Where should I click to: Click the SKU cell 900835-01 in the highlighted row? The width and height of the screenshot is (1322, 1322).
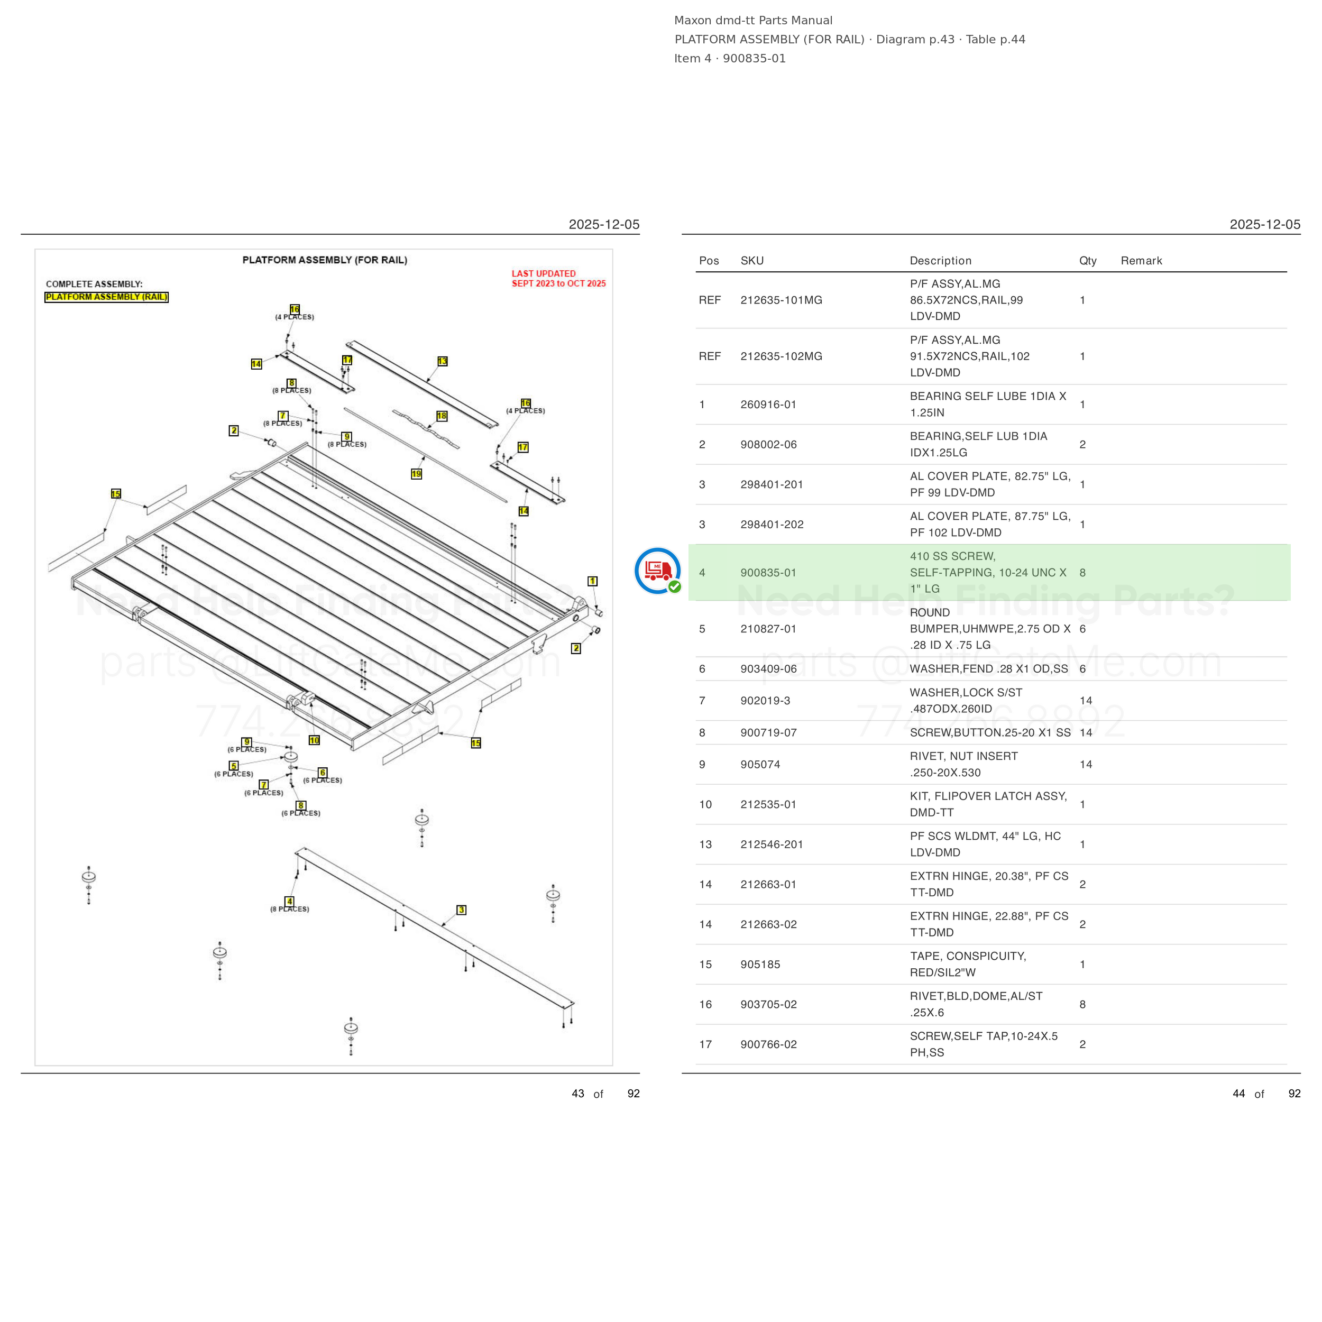click(x=768, y=573)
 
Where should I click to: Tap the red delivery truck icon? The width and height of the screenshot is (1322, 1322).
click(x=658, y=570)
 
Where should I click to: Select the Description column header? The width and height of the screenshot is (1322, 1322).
click(x=940, y=261)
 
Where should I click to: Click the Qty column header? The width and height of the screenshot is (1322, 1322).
click(x=1087, y=261)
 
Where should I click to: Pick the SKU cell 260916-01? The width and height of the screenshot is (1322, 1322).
click(x=768, y=405)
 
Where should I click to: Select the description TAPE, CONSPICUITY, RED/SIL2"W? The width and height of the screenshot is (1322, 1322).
click(x=968, y=964)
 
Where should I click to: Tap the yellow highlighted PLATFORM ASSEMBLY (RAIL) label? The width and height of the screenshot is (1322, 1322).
click(x=106, y=297)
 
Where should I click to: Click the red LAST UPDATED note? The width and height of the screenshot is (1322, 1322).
click(x=558, y=279)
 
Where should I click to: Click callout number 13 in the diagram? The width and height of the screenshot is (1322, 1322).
click(x=442, y=361)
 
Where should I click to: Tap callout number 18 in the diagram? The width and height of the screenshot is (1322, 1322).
click(x=442, y=416)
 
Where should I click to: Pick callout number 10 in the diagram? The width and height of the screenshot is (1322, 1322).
click(x=314, y=740)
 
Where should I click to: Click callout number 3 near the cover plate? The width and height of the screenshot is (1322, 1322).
click(x=461, y=910)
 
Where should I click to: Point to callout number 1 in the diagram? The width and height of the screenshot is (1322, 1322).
click(x=593, y=581)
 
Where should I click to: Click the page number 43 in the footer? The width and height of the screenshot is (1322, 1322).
click(x=578, y=1094)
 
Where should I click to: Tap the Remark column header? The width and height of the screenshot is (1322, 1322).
click(x=1141, y=261)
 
